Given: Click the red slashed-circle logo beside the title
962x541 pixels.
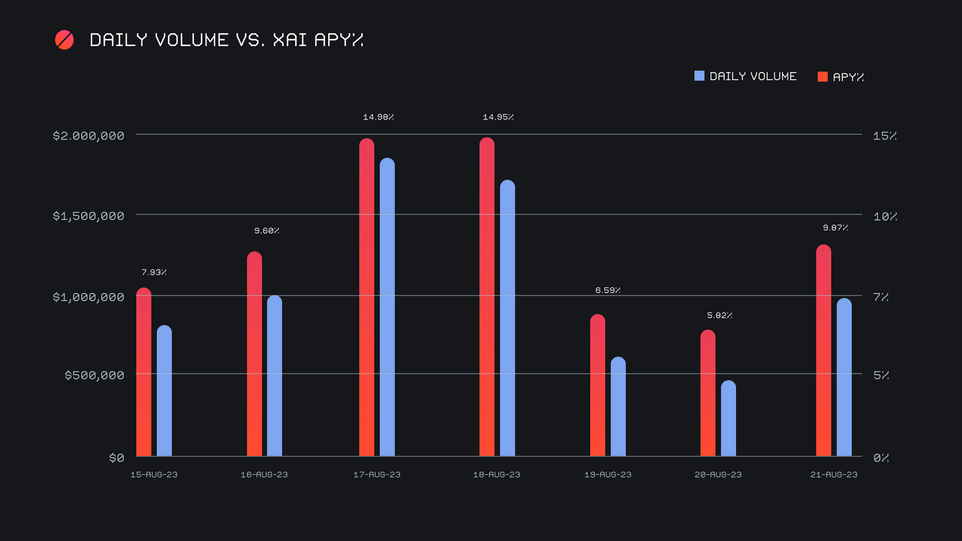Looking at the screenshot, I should coord(64,40).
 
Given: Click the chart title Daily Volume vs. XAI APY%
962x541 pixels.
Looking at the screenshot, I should coord(226,40).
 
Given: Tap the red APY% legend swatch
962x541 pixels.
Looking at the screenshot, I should coord(822,77).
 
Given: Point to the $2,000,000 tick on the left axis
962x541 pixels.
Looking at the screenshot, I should coord(89,136).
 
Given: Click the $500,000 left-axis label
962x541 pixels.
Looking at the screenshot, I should coord(94,375).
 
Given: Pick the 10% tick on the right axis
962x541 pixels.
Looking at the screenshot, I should coord(885,216).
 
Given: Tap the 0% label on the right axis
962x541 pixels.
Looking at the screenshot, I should coord(881,458).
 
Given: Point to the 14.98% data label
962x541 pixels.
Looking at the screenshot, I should coord(378,117).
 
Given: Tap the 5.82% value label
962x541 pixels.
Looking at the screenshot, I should coord(719,316).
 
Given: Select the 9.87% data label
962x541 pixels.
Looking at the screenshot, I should coord(835,228).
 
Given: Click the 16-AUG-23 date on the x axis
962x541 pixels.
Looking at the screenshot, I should coord(264,474).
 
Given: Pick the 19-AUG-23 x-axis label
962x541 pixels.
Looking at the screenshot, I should coord(608,474).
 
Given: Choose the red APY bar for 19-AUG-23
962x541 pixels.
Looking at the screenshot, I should coord(598,385).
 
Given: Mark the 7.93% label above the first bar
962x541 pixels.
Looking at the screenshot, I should coord(154,273).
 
